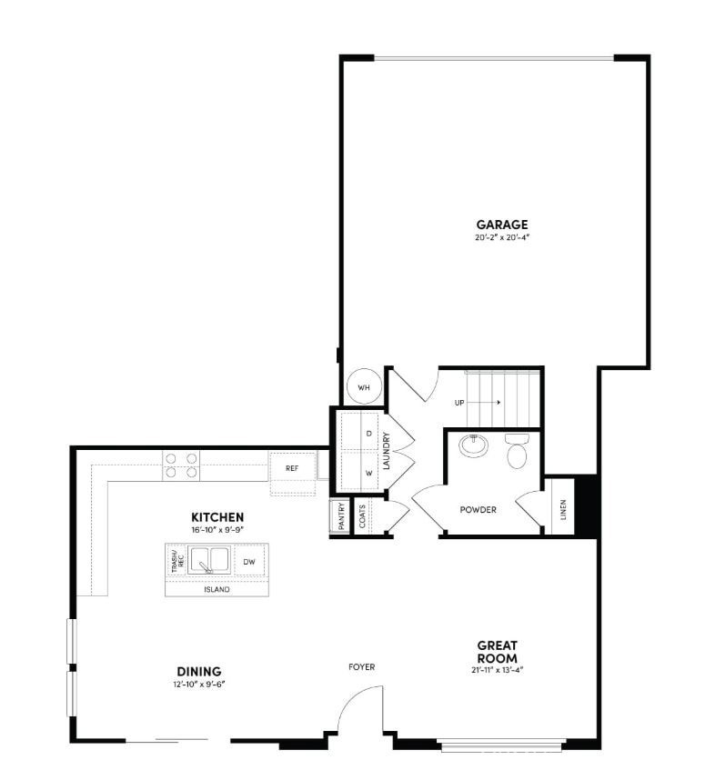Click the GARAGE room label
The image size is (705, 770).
click(x=501, y=225)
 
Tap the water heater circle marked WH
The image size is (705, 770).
click(x=364, y=386)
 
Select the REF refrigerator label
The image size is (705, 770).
click(x=292, y=468)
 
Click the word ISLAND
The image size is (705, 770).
click(x=217, y=589)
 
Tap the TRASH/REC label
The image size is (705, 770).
click(x=176, y=562)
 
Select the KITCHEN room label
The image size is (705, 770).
click(x=217, y=515)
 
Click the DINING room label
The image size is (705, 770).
click(x=199, y=672)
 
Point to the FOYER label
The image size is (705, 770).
click(x=361, y=667)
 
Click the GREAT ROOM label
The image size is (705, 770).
click(x=497, y=652)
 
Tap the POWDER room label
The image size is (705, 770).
click(x=478, y=510)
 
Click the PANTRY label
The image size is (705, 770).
click(x=339, y=515)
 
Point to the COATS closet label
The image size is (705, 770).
click(x=362, y=515)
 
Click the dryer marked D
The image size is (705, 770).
click(x=368, y=434)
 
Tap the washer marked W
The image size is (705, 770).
click(x=368, y=473)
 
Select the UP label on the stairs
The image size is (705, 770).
click(x=460, y=401)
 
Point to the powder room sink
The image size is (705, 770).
click(x=473, y=445)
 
